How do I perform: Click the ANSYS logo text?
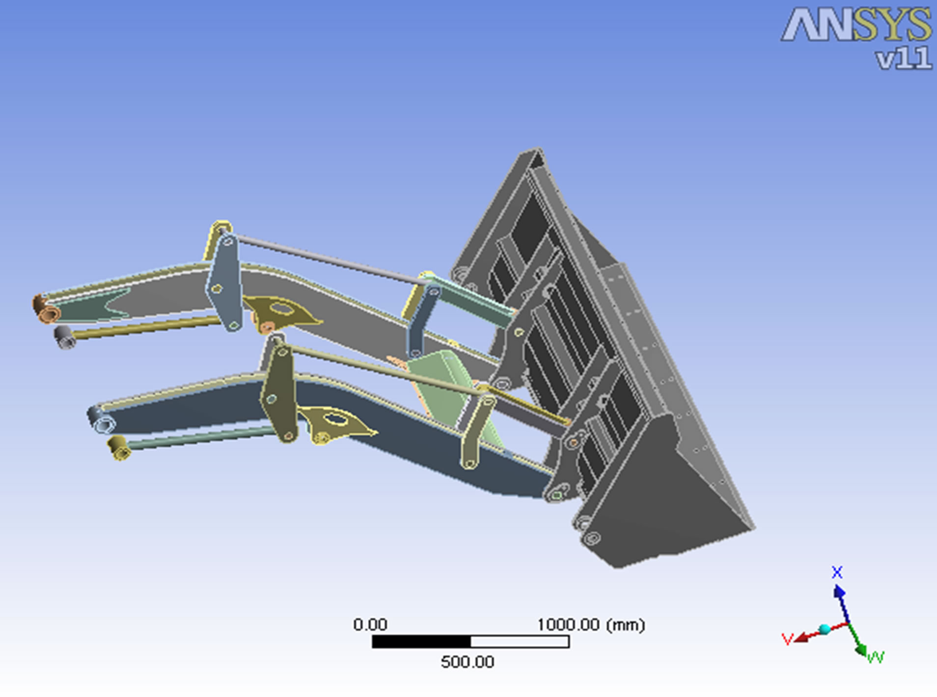click(x=856, y=25)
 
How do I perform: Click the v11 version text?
click(x=904, y=58)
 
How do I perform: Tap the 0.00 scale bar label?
click(x=370, y=625)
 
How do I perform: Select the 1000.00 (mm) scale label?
click(x=590, y=625)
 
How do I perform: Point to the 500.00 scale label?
click(x=467, y=662)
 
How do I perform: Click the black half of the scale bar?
click(x=421, y=641)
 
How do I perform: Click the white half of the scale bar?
click(x=520, y=641)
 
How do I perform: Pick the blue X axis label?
click(x=837, y=572)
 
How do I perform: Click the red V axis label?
click(x=787, y=639)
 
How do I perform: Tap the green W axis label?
click(x=876, y=657)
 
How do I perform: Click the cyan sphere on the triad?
click(x=825, y=629)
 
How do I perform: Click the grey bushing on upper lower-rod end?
click(x=64, y=337)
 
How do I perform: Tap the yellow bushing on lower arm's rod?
click(x=118, y=448)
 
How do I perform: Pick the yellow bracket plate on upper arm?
click(x=282, y=312)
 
